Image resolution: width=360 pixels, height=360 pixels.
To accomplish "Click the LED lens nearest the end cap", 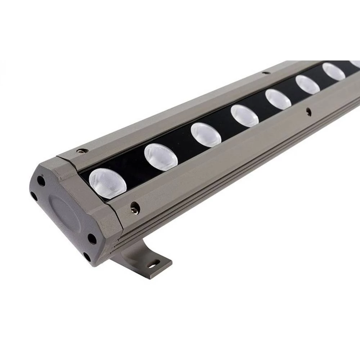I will coord(108,184).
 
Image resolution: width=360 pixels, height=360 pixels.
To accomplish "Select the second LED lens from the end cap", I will coord(161,157).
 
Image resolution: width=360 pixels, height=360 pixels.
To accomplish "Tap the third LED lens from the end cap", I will coord(206,135).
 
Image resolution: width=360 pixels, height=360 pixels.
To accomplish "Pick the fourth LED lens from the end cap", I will coord(244,116).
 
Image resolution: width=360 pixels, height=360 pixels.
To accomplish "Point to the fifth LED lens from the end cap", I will coord(278,99).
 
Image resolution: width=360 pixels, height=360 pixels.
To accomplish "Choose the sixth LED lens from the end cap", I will coord(307,85).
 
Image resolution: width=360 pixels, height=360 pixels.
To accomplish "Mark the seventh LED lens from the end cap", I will coord(333,72).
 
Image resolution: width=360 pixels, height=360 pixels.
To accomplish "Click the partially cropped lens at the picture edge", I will coord(356,64).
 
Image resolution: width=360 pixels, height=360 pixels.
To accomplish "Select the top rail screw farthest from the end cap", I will coord(266,73).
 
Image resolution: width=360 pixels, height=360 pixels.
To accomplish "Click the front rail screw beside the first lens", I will coord(135,207).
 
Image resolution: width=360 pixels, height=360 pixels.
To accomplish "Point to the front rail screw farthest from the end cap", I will coord(308,112).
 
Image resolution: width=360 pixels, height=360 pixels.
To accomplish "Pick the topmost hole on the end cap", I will coord(41,181).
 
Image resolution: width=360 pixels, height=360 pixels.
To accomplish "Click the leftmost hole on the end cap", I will coord(34,196).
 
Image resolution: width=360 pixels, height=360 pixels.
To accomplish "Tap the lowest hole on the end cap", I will coord(87,257).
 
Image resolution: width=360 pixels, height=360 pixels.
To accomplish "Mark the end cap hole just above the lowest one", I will coord(92,239).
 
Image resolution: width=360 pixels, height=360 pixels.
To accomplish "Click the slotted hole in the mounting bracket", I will coord(153,264).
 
